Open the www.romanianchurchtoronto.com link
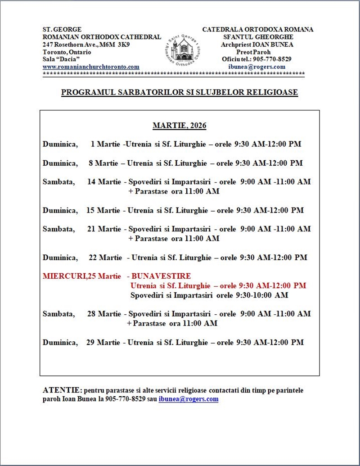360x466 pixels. click(x=91, y=67)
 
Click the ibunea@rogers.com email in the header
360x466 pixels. click(x=256, y=67)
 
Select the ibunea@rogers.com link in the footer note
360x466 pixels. click(x=188, y=399)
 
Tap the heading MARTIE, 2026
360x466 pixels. click(x=179, y=126)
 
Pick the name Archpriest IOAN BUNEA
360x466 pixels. click(x=257, y=45)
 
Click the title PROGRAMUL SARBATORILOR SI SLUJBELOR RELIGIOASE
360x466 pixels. click(x=180, y=92)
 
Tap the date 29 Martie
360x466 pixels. click(x=103, y=342)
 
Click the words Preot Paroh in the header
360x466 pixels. click(x=256, y=52)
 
